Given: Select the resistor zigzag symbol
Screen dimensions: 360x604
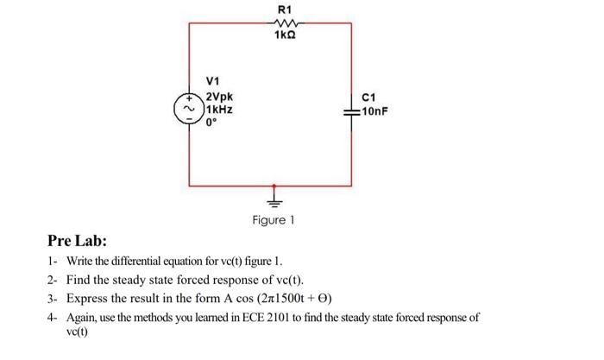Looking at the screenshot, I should click(284, 24).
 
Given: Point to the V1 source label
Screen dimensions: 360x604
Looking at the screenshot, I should click(213, 82).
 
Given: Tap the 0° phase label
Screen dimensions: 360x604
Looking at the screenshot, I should click(212, 123).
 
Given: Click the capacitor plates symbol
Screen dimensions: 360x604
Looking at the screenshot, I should click(352, 111).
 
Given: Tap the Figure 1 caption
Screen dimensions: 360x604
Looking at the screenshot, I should click(274, 221).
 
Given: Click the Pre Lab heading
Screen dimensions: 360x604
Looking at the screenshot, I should click(76, 242).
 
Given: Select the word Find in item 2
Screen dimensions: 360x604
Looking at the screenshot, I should click(79, 281).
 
